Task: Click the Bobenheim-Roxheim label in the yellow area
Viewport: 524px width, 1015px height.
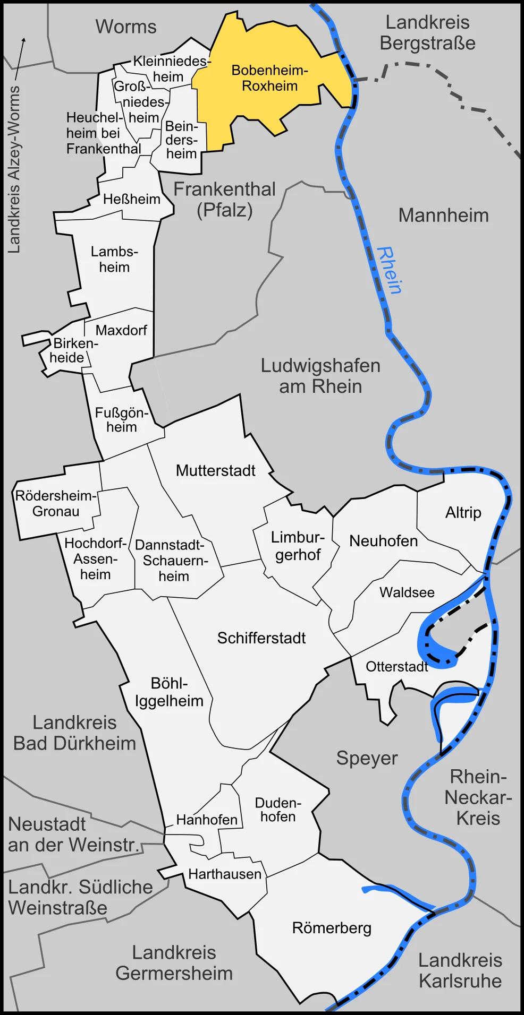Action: click(269, 78)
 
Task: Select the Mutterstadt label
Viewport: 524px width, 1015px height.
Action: click(215, 470)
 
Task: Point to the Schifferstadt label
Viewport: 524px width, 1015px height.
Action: click(261, 638)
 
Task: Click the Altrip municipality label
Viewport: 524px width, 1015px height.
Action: click(463, 512)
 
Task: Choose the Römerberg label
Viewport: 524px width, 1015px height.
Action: click(332, 928)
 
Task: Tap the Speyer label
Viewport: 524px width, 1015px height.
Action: click(367, 758)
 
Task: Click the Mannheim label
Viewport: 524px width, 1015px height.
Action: click(443, 216)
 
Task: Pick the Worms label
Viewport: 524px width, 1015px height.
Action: click(126, 27)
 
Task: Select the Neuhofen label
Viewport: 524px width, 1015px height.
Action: click(383, 541)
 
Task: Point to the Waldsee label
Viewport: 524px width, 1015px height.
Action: click(407, 592)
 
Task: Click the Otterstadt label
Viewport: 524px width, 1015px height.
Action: click(396, 666)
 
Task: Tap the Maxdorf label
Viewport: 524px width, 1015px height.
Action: click(121, 330)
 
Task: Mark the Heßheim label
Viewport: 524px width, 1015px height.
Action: click(131, 199)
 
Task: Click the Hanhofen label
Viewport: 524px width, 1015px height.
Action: click(207, 820)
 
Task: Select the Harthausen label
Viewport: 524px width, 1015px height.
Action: click(225, 874)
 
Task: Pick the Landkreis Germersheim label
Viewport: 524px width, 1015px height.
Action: click(174, 963)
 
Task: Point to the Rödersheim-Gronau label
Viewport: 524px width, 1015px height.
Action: click(56, 503)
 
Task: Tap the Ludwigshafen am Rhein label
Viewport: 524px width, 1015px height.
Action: click(320, 376)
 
